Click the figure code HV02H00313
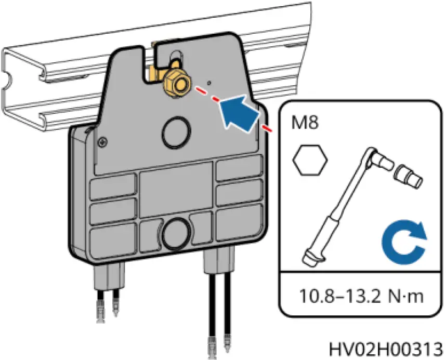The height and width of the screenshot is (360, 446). coord(386,347)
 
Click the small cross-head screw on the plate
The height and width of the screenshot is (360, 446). coord(106,140)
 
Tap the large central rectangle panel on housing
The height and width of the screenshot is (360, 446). coord(176,190)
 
